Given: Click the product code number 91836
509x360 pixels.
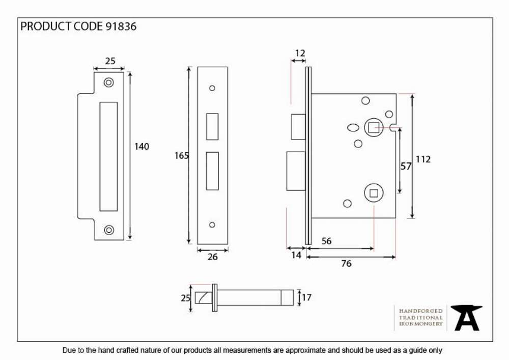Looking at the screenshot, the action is [121, 26].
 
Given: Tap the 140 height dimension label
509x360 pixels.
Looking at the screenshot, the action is [142, 147].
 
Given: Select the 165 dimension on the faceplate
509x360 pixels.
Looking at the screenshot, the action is [181, 156].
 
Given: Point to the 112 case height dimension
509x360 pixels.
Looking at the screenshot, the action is [423, 159].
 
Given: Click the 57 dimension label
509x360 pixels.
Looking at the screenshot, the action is [406, 166].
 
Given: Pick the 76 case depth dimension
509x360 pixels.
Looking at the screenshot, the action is [346, 263].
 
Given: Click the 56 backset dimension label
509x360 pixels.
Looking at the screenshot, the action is [326, 241].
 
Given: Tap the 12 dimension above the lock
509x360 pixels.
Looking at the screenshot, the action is [300, 53].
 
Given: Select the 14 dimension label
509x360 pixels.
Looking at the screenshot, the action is [296, 255].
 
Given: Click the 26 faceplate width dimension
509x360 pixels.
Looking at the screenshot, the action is [212, 257].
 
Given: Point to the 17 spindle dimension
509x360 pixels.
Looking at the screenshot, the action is [306, 297].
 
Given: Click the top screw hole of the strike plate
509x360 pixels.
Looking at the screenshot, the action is [109, 82].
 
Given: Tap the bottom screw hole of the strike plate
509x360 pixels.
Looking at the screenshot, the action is [109, 230].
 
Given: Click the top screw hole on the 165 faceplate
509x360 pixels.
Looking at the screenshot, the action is [212, 88].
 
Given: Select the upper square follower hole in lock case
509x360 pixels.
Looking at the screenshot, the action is [374, 127].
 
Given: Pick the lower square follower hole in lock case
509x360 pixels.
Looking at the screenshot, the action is [374, 193].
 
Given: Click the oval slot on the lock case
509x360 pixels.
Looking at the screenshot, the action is [353, 128].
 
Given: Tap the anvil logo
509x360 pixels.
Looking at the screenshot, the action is [466, 318].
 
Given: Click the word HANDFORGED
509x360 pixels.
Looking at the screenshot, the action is [421, 311].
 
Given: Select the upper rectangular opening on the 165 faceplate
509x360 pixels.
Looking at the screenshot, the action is [212, 127].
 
